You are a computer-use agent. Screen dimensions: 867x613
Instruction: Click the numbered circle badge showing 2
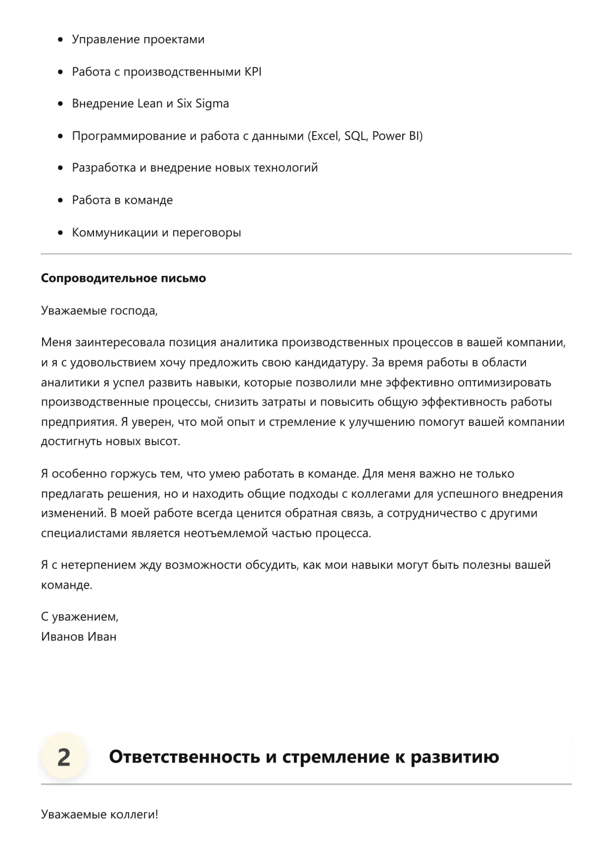(63, 757)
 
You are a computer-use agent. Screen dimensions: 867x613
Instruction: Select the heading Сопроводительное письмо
(123, 278)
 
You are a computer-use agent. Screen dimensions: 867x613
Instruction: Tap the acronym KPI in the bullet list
(252, 72)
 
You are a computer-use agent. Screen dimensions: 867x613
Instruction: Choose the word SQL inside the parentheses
(355, 136)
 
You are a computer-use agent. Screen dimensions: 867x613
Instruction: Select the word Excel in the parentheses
(324, 136)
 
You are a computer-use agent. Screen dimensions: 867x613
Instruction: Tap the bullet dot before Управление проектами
(61, 40)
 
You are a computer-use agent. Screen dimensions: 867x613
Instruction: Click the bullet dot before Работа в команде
(61, 200)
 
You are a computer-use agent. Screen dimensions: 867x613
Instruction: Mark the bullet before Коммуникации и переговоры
(61, 232)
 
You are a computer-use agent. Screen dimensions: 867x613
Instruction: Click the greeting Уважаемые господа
(99, 311)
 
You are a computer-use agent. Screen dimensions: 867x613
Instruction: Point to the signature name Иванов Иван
(79, 637)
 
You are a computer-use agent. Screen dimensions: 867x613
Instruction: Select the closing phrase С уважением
(80, 617)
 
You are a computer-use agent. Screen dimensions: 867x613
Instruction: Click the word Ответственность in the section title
(184, 757)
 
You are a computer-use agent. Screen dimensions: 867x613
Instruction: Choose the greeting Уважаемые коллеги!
(99, 814)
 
